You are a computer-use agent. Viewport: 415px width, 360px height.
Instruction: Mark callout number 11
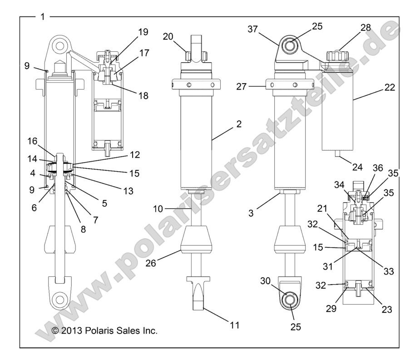click(222, 325)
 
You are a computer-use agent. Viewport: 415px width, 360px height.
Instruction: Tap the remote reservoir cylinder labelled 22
click(337, 109)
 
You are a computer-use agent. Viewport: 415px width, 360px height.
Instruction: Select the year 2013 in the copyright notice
click(69, 331)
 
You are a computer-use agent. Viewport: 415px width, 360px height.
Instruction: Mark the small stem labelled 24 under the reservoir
click(337, 155)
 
